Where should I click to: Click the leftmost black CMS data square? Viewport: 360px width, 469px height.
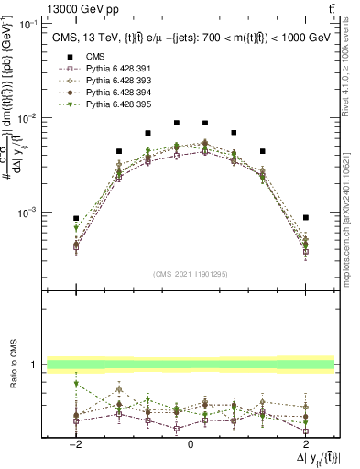click(x=77, y=218)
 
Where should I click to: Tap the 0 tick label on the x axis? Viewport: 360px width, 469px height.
click(x=191, y=444)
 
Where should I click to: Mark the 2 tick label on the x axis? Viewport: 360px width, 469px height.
click(x=306, y=444)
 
